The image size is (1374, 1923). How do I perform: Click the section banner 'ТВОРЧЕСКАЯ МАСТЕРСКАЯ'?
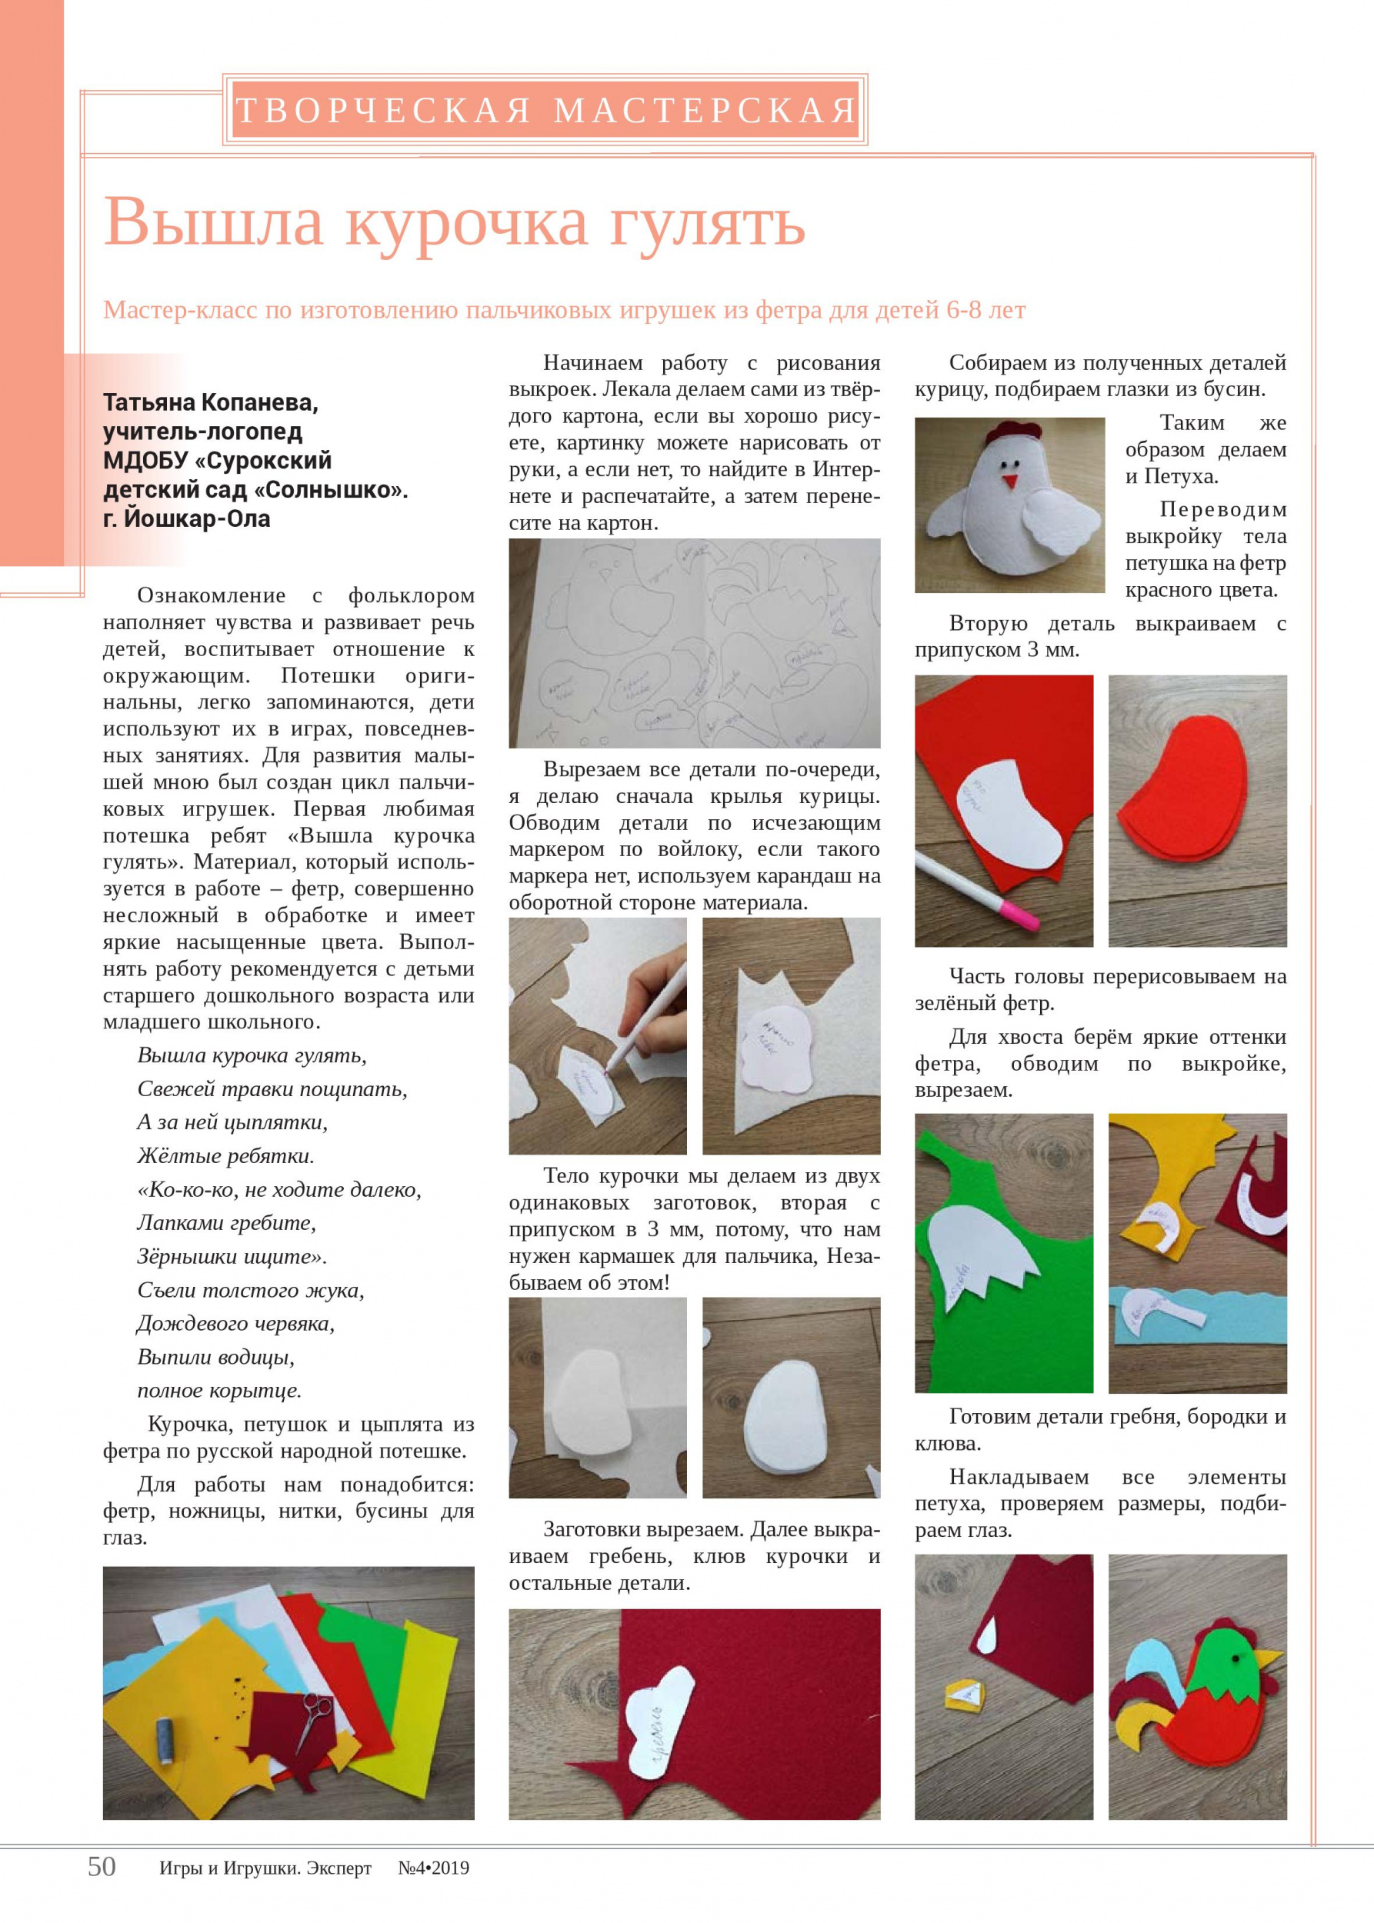pos(545,110)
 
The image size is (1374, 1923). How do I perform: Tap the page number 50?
pos(102,1890)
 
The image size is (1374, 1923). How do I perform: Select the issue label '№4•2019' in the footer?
pos(433,1891)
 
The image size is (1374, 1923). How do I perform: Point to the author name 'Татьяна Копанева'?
pos(211,404)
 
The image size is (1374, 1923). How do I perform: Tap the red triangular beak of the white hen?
pos(1009,482)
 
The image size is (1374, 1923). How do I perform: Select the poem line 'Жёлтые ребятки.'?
pos(225,1155)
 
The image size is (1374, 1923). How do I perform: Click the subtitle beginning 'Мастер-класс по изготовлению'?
pos(565,311)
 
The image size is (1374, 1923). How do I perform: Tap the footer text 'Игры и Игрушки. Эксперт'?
pos(265,1891)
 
